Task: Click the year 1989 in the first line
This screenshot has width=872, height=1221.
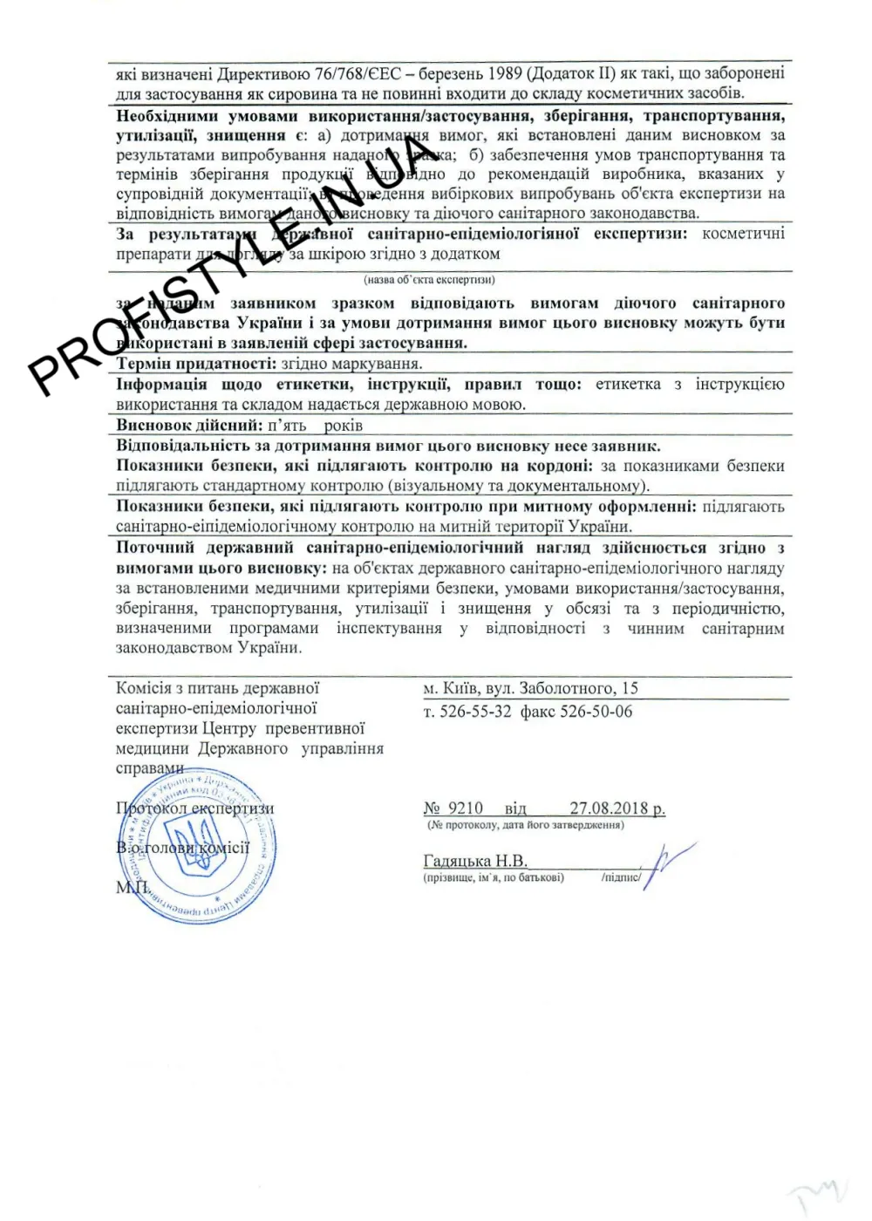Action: pyautogui.click(x=504, y=73)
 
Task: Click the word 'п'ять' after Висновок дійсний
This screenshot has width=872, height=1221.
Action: pyautogui.click(x=287, y=426)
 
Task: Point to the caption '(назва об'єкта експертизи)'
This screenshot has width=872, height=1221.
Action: pyautogui.click(x=429, y=280)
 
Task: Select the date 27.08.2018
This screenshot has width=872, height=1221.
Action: pyautogui.click(x=609, y=808)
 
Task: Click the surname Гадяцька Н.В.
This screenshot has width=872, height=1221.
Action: pyautogui.click(x=475, y=861)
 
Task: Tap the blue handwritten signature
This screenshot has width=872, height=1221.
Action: pyautogui.click(x=667, y=862)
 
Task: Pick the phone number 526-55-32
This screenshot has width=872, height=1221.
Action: pyautogui.click(x=475, y=712)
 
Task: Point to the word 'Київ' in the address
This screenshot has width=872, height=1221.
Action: pyautogui.click(x=460, y=688)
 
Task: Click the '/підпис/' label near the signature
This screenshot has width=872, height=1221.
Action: pyautogui.click(x=620, y=877)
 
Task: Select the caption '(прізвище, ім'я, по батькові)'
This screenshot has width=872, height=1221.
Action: pyautogui.click(x=494, y=877)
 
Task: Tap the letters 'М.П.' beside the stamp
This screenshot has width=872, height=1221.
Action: pyautogui.click(x=133, y=887)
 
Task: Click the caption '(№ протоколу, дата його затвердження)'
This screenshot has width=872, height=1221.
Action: pyautogui.click(x=525, y=825)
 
